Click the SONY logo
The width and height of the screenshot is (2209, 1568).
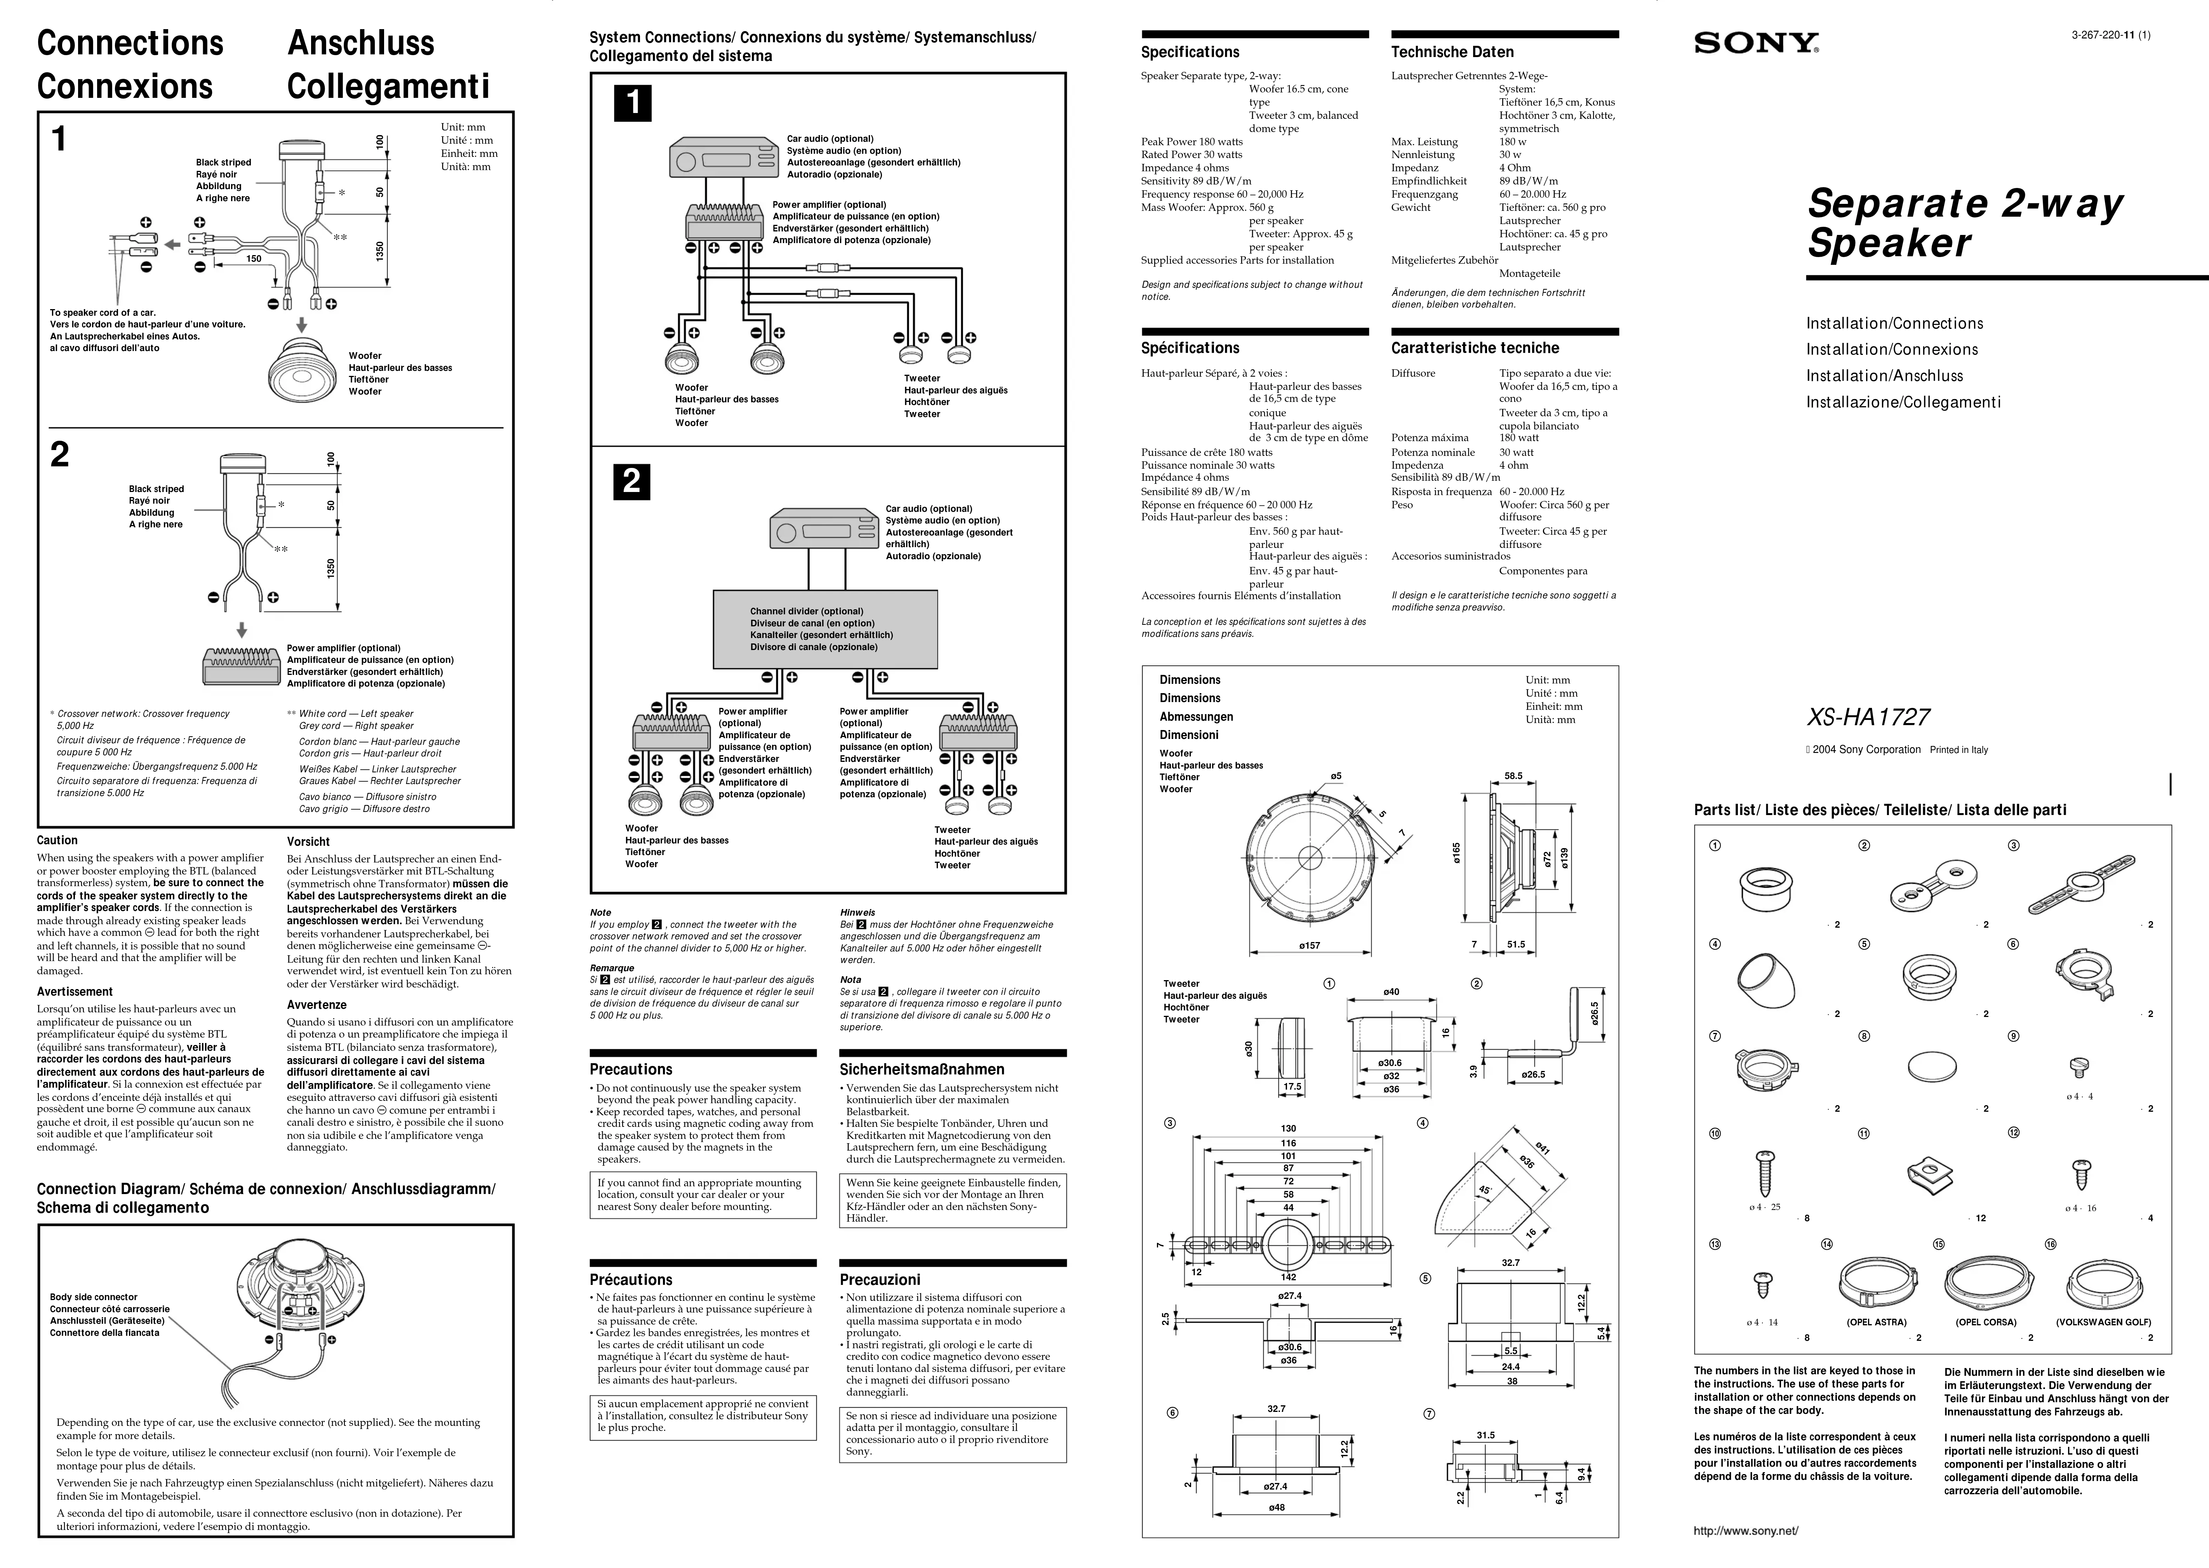[x=1756, y=43]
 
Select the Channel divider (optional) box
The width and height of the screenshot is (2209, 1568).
[x=824, y=629]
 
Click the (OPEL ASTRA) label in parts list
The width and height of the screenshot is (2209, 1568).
[x=1876, y=1322]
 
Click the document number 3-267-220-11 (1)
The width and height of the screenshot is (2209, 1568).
[x=2110, y=36]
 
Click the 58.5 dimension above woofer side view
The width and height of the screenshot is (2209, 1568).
[x=1513, y=775]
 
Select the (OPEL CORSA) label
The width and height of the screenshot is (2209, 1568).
[x=1985, y=1322]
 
